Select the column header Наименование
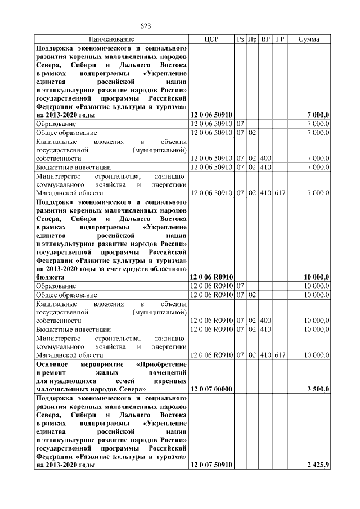[x=111, y=39]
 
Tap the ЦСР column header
[x=211, y=39]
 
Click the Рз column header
[x=240, y=39]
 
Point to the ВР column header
[x=265, y=39]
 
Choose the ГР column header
[x=280, y=39]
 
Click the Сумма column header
[x=309, y=39]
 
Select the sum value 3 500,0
[x=318, y=389]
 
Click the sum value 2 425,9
[x=318, y=465]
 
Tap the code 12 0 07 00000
[x=211, y=389]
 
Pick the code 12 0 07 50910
[x=211, y=465]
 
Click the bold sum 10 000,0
[x=316, y=277]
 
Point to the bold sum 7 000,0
[x=318, y=115]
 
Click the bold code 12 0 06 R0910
[x=211, y=277]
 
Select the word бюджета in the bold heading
[x=49, y=277]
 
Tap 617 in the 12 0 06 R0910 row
[x=280, y=355]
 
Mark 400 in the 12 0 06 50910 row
[x=265, y=159]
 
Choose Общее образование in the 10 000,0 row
[x=66, y=295]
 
